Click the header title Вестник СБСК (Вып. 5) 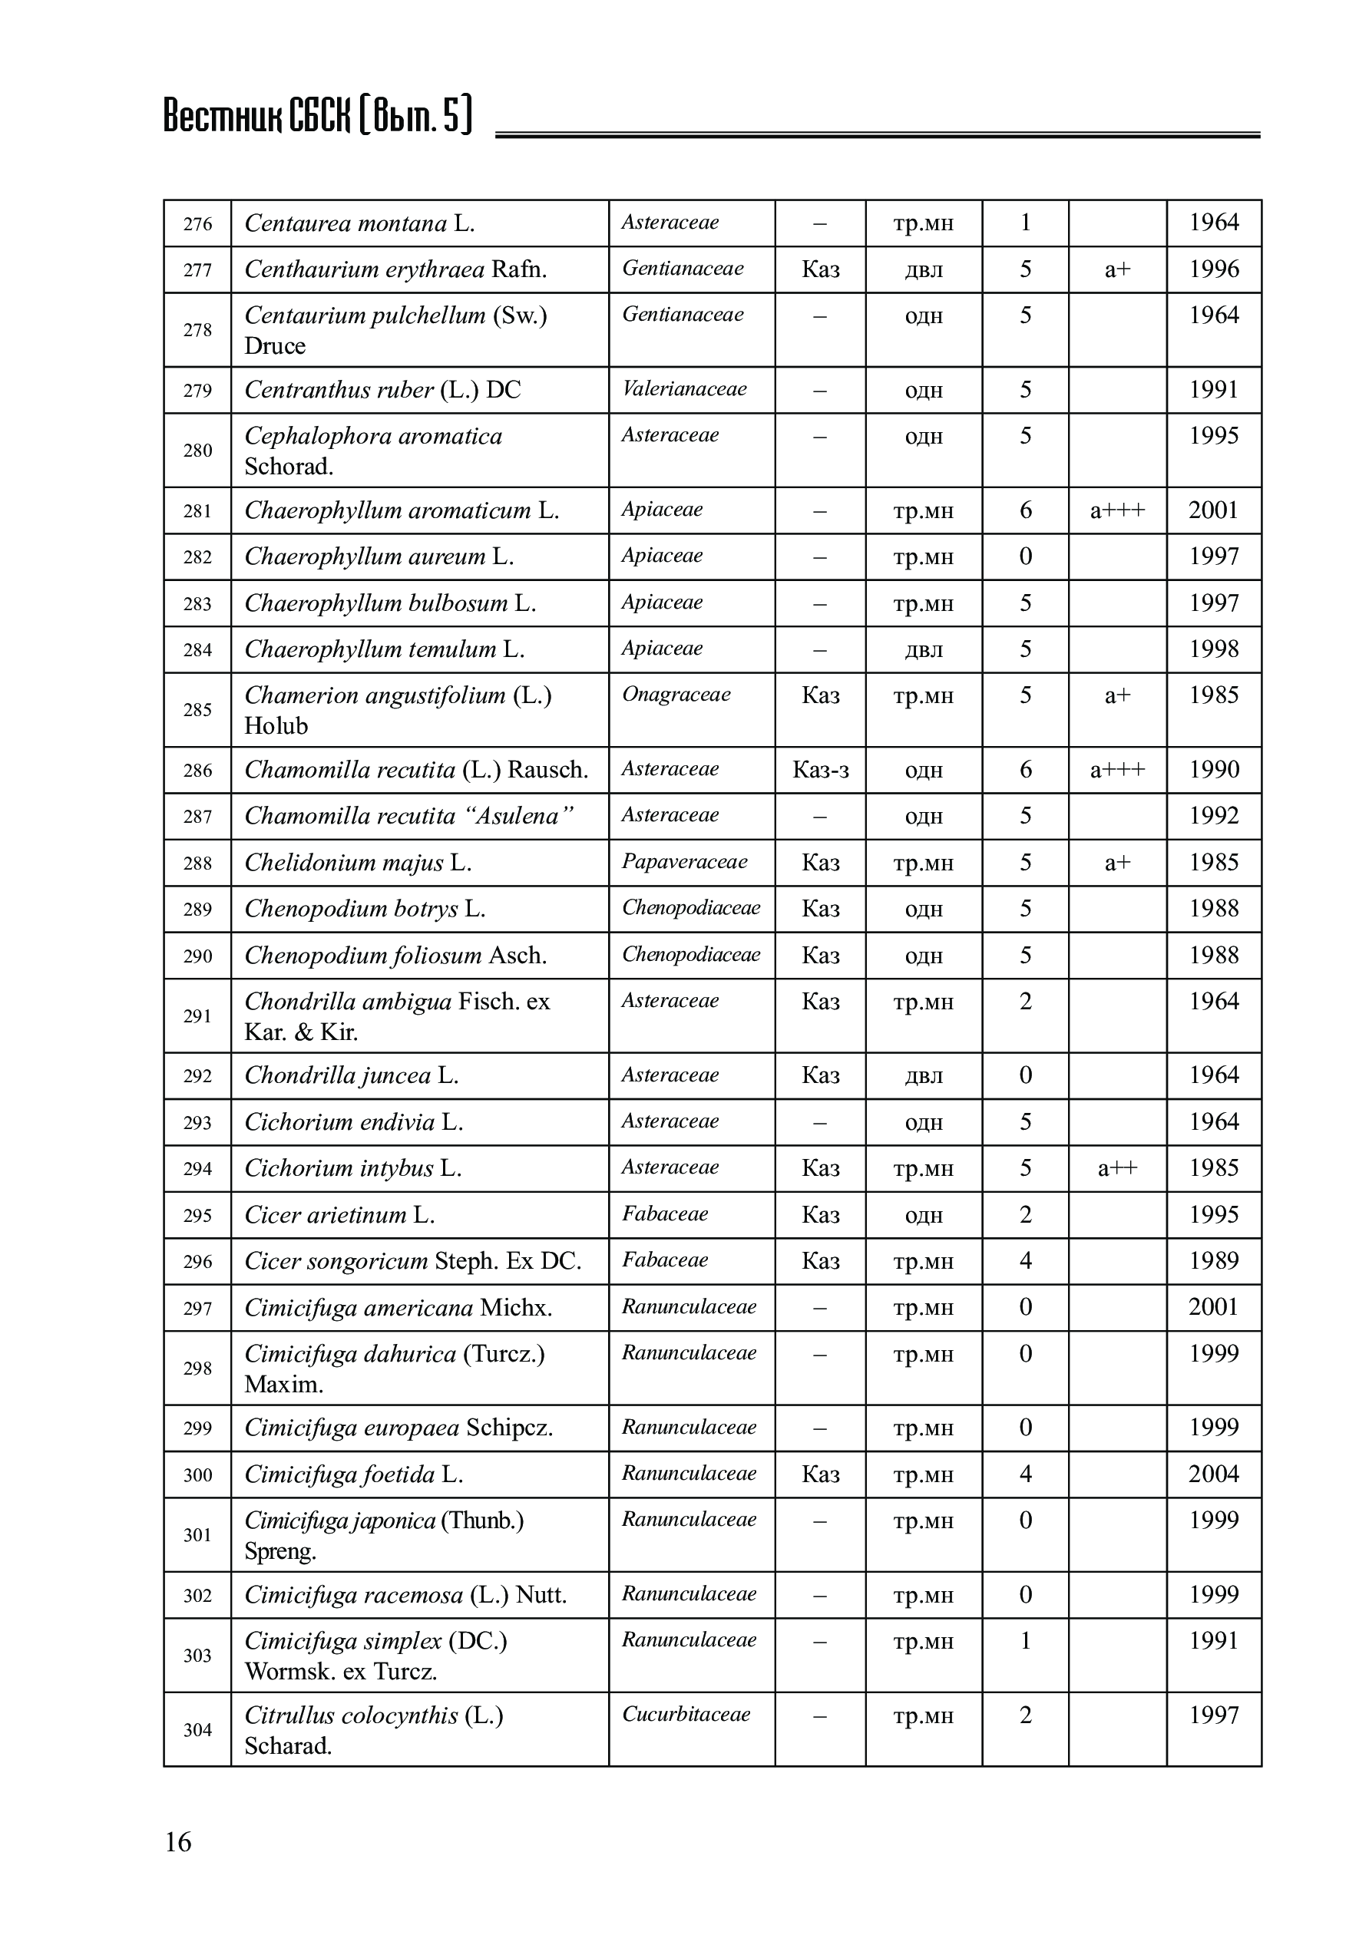tap(317, 116)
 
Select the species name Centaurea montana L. tap(359, 223)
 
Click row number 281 tap(197, 511)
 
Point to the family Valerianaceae tap(684, 389)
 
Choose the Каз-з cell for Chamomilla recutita tap(820, 770)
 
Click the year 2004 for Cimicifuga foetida tap(1213, 1474)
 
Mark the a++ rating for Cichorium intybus tap(1117, 1168)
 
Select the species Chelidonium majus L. tap(357, 863)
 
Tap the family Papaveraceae tap(684, 861)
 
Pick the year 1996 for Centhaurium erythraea tap(1213, 269)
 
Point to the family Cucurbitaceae tap(686, 1714)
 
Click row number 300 tap(197, 1474)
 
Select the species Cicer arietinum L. tap(339, 1214)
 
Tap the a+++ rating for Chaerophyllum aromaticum tap(1117, 511)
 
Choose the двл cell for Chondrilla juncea tap(923, 1075)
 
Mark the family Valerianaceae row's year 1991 tap(1213, 390)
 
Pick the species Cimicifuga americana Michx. tap(398, 1307)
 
